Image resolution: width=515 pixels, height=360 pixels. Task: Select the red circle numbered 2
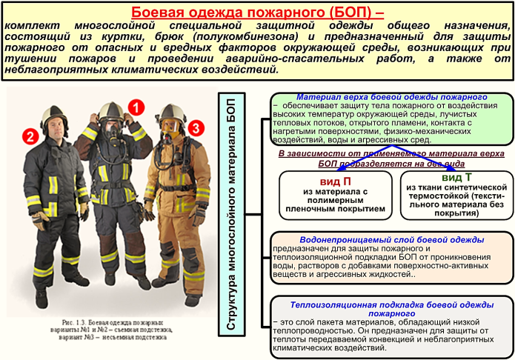(30, 136)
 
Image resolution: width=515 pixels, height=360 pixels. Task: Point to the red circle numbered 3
(194, 129)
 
